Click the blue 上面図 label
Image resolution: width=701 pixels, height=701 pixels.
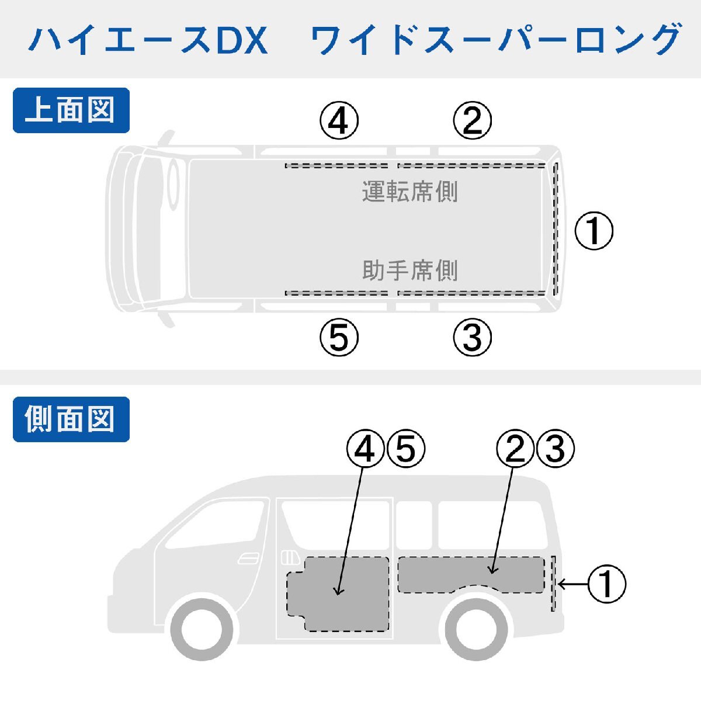tap(71, 110)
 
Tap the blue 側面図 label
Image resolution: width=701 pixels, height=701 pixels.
tap(71, 419)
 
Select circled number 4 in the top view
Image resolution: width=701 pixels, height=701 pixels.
tap(339, 120)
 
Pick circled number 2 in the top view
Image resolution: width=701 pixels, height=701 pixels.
tap(473, 120)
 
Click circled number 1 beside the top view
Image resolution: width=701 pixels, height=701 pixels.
tap(594, 231)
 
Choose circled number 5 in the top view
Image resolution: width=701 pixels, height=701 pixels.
tap(339, 337)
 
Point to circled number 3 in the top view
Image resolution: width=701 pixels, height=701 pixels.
tap(473, 337)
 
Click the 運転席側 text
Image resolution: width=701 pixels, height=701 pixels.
tap(410, 192)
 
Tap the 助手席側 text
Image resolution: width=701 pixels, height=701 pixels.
tap(410, 270)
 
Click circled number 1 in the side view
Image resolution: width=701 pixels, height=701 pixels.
tap(607, 584)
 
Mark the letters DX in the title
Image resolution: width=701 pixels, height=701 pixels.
tap(242, 40)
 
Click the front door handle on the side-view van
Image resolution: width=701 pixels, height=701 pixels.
tap(248, 558)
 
